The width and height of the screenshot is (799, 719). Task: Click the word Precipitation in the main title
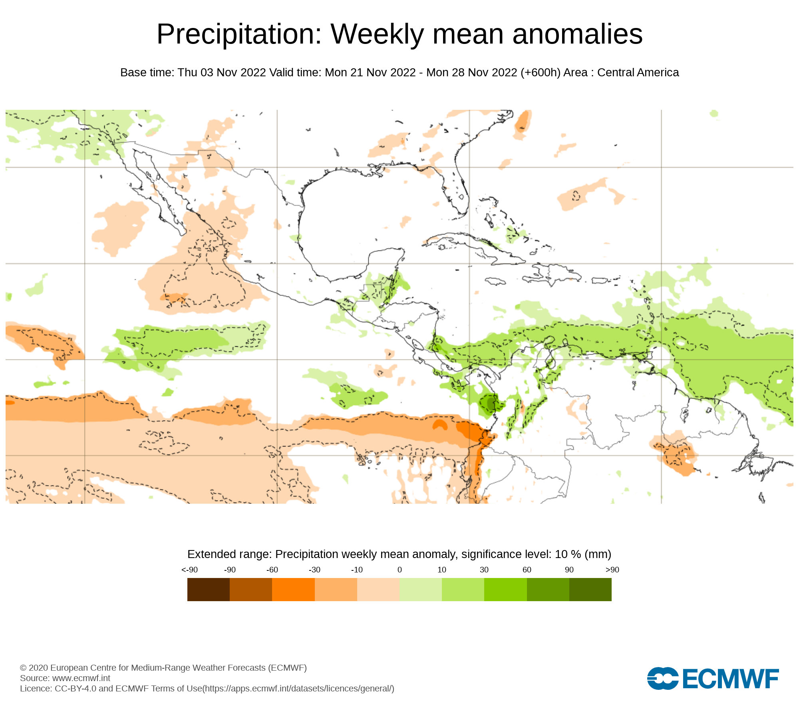coord(239,34)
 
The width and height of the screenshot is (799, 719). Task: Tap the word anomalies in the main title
coord(577,34)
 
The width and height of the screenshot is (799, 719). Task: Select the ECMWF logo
coord(713,678)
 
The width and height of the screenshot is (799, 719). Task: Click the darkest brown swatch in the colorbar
coord(209,590)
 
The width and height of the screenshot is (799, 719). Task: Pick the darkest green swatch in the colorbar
coord(590,590)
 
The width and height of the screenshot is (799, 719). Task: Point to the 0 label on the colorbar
coord(399,570)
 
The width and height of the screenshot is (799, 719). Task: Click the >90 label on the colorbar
coord(612,570)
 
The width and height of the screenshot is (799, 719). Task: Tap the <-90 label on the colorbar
coord(189,570)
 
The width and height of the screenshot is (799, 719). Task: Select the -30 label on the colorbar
coord(314,570)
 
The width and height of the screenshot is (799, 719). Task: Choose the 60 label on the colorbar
coord(527,570)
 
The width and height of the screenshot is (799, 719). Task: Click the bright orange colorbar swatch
coord(293,590)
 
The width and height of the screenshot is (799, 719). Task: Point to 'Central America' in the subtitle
coord(638,73)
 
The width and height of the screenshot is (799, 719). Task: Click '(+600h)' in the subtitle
coord(541,73)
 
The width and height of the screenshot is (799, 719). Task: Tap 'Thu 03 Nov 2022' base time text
coord(222,73)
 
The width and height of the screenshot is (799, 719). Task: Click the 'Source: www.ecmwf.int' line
coord(65,678)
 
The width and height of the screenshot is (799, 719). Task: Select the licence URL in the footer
coord(298,689)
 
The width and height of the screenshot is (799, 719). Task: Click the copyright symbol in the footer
coord(23,668)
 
